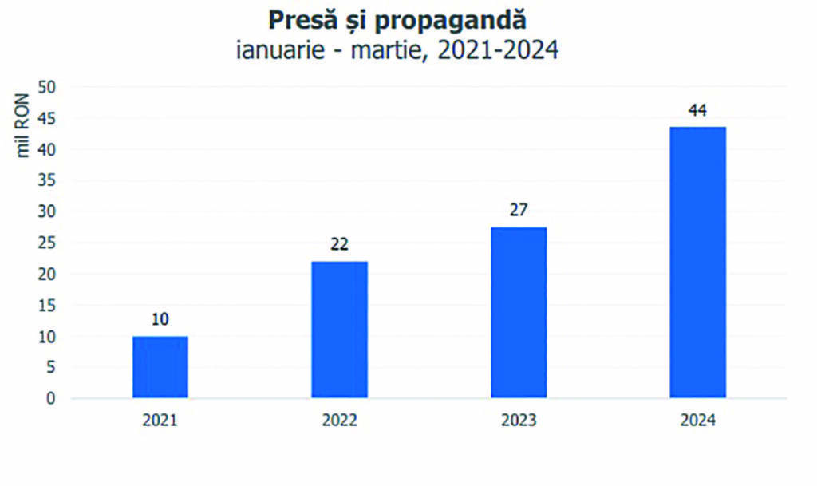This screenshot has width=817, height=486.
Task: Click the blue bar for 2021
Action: point(160,367)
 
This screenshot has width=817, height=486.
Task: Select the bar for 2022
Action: point(339,329)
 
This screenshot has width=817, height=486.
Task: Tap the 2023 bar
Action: point(519,312)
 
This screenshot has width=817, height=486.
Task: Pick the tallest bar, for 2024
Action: point(697,262)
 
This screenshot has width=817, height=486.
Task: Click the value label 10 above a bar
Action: point(160,320)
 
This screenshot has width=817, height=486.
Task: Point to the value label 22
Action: point(339,244)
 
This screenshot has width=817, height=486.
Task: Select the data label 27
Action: point(519,211)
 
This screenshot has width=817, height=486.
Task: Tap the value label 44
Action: point(697,110)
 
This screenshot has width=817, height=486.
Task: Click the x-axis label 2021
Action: point(160,421)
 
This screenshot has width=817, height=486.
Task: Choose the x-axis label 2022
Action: point(339,421)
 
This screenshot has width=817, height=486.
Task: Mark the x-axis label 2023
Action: point(519,421)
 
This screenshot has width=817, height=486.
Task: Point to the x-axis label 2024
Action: point(697,421)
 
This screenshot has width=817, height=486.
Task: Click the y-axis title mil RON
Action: point(23,125)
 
